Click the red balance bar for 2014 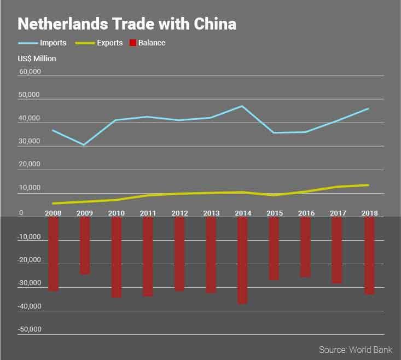pos(242,260)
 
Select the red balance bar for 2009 pos(85,245)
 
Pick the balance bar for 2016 pos(305,247)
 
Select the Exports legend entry pos(99,43)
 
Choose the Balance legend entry pos(147,43)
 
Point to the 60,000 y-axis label pos(29,72)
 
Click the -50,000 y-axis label pos(29,329)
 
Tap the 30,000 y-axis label pos(29,142)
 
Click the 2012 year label pos(179,213)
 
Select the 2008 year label pos(53,213)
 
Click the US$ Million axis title pos(37,59)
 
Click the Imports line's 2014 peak pos(242,106)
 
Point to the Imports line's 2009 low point pos(84,145)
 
